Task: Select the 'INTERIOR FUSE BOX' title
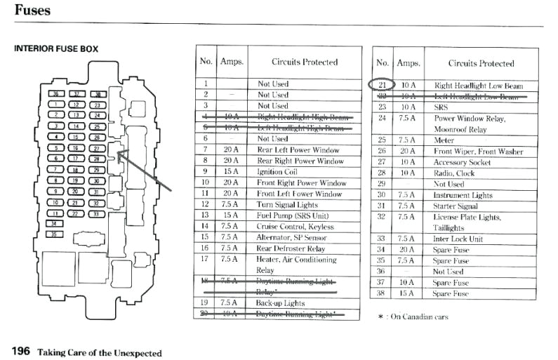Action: point(56,49)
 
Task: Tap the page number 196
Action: point(21,351)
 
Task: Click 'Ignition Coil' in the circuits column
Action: point(277,172)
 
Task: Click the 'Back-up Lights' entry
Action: point(281,302)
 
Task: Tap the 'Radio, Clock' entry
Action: point(455,173)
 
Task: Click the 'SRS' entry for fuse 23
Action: point(441,107)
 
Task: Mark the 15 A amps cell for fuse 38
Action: point(407,293)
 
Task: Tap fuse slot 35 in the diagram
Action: point(53,234)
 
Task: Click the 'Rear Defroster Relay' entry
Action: point(291,248)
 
